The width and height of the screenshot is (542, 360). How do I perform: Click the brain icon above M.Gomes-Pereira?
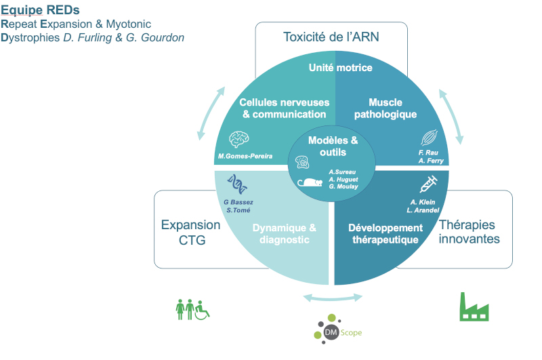point(239,140)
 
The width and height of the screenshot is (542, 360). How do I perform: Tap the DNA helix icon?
point(237,184)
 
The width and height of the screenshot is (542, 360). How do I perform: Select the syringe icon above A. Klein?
point(429,184)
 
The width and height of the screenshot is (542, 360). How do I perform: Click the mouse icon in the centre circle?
point(310,182)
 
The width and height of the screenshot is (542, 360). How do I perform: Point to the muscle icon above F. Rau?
point(430,138)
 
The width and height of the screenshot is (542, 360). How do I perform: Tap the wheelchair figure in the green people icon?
point(202,311)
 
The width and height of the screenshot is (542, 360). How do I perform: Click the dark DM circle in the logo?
point(331,332)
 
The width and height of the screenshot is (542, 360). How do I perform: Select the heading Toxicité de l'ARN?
point(331,37)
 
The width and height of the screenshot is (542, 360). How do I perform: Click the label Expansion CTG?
point(191,233)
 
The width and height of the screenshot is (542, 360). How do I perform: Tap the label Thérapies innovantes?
point(469,232)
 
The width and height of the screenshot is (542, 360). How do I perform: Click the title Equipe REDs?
point(40,10)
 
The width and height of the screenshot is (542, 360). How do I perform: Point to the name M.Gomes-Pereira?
point(245,157)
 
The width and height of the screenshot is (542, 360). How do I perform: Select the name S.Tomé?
point(238,210)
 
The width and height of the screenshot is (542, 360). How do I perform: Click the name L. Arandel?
point(423,210)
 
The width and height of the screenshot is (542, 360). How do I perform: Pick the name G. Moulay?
point(343,186)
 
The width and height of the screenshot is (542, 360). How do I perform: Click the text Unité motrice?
point(341,67)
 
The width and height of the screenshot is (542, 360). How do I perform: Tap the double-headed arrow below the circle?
point(333,298)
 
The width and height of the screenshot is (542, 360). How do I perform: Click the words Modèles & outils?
point(333,146)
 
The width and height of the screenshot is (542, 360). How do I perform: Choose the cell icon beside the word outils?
point(302,162)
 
